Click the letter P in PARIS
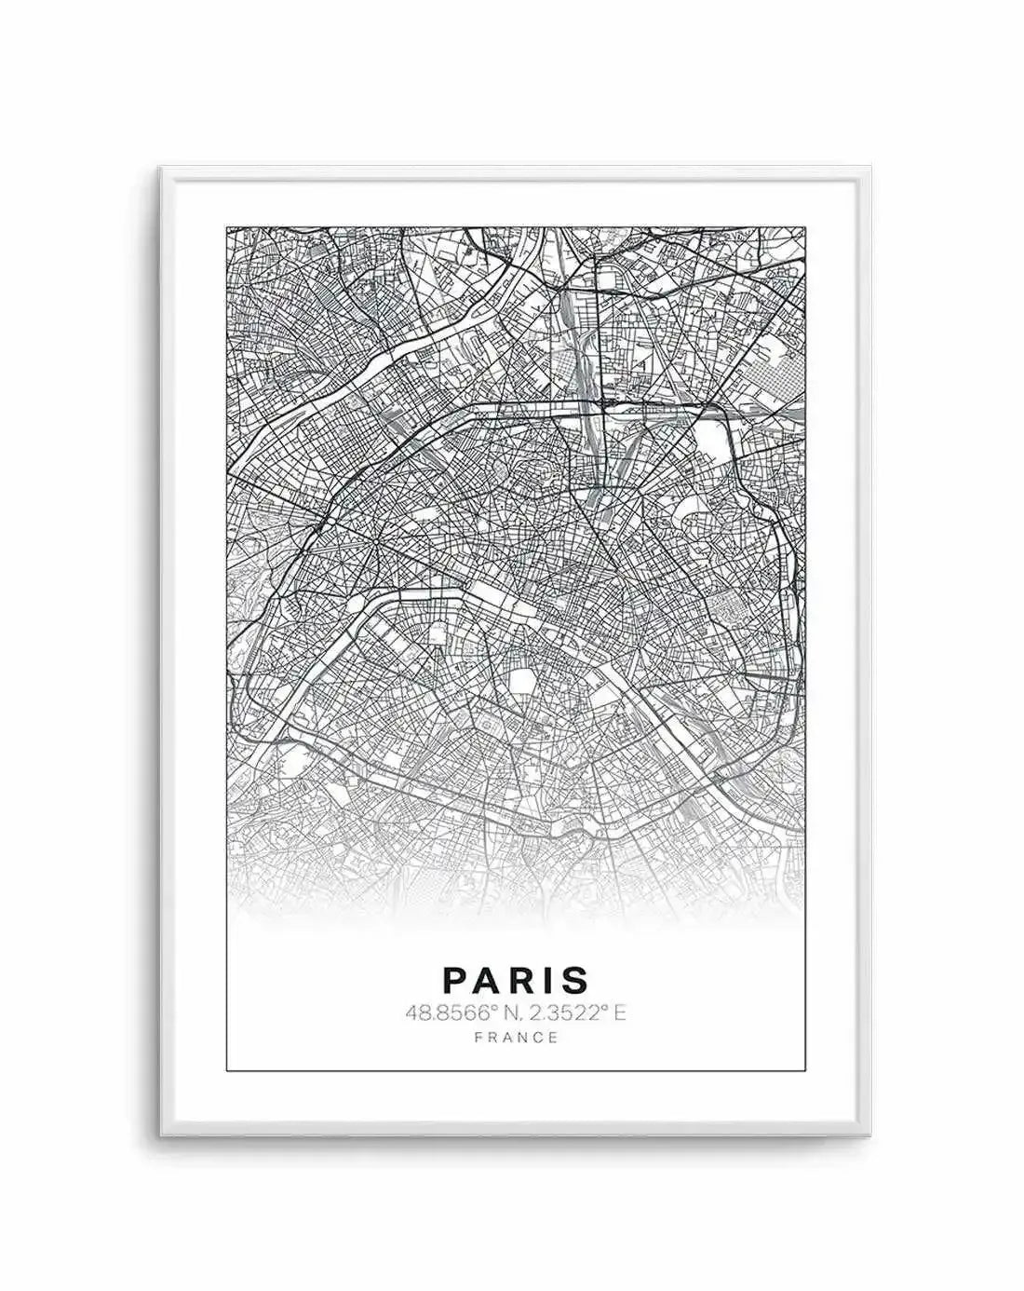[x=456, y=979]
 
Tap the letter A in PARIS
[x=492, y=979]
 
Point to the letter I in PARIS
[x=553, y=979]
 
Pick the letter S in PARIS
[x=577, y=979]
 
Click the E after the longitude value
[x=620, y=1012]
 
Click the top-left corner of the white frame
[x=160, y=169]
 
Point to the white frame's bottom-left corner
[x=160, y=1135]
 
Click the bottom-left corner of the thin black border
[x=228, y=1071]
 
